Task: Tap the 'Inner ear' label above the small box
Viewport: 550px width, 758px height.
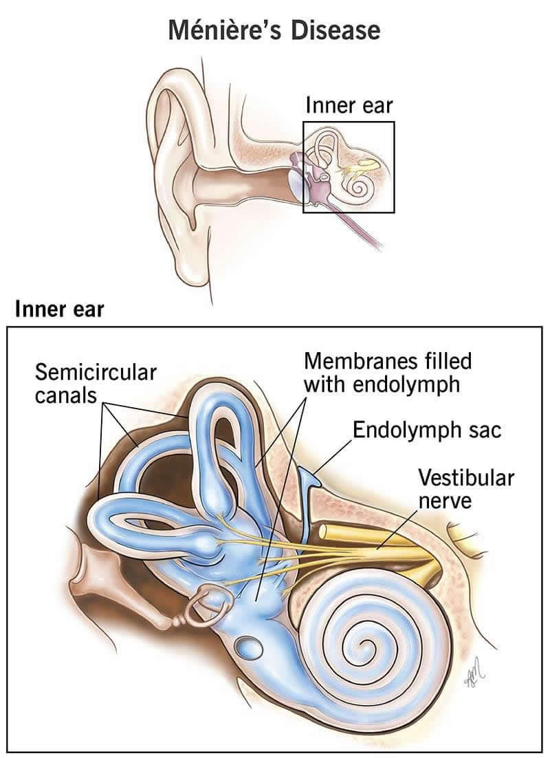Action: (349, 107)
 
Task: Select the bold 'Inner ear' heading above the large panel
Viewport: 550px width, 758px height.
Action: (59, 309)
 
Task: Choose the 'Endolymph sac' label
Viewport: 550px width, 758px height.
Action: (427, 431)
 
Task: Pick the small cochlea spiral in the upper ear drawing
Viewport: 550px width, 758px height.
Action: (357, 184)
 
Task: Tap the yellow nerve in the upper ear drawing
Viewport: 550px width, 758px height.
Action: (361, 165)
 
